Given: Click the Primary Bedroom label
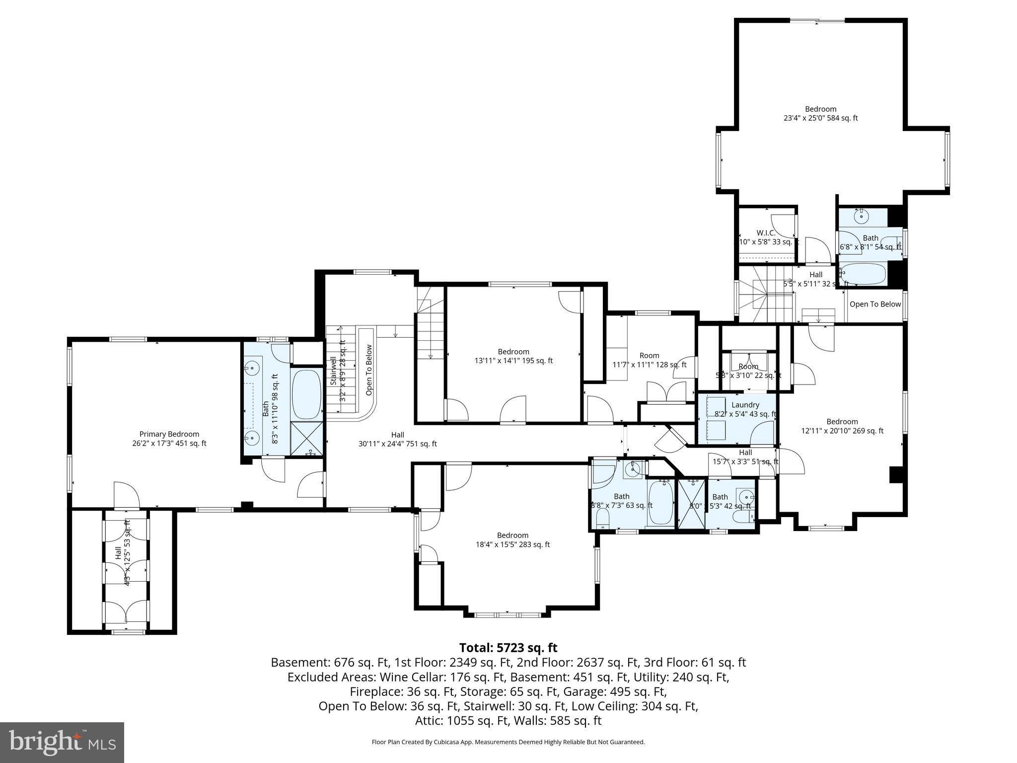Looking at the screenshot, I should (169, 439).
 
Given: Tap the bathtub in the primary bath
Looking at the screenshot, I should (306, 395).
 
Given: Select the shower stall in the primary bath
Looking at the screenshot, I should (306, 438).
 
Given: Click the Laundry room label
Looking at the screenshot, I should (745, 409).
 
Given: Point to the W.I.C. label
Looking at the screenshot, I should (766, 237).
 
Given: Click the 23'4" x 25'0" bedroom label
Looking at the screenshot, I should (820, 113).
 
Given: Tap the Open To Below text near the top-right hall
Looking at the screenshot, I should (874, 304).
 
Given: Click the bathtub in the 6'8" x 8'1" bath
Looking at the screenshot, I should (862, 274).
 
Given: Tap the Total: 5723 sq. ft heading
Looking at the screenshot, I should (508, 648).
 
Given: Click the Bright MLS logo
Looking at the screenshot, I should (62, 742).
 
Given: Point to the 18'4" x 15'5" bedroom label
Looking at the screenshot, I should (512, 539).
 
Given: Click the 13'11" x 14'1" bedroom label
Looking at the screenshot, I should (513, 356).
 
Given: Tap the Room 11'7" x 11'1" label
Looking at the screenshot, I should (649, 360).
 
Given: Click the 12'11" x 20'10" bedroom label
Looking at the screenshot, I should (842, 426).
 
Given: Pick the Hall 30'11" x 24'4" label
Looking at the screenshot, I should (397, 439).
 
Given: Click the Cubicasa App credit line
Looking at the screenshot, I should (508, 742).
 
